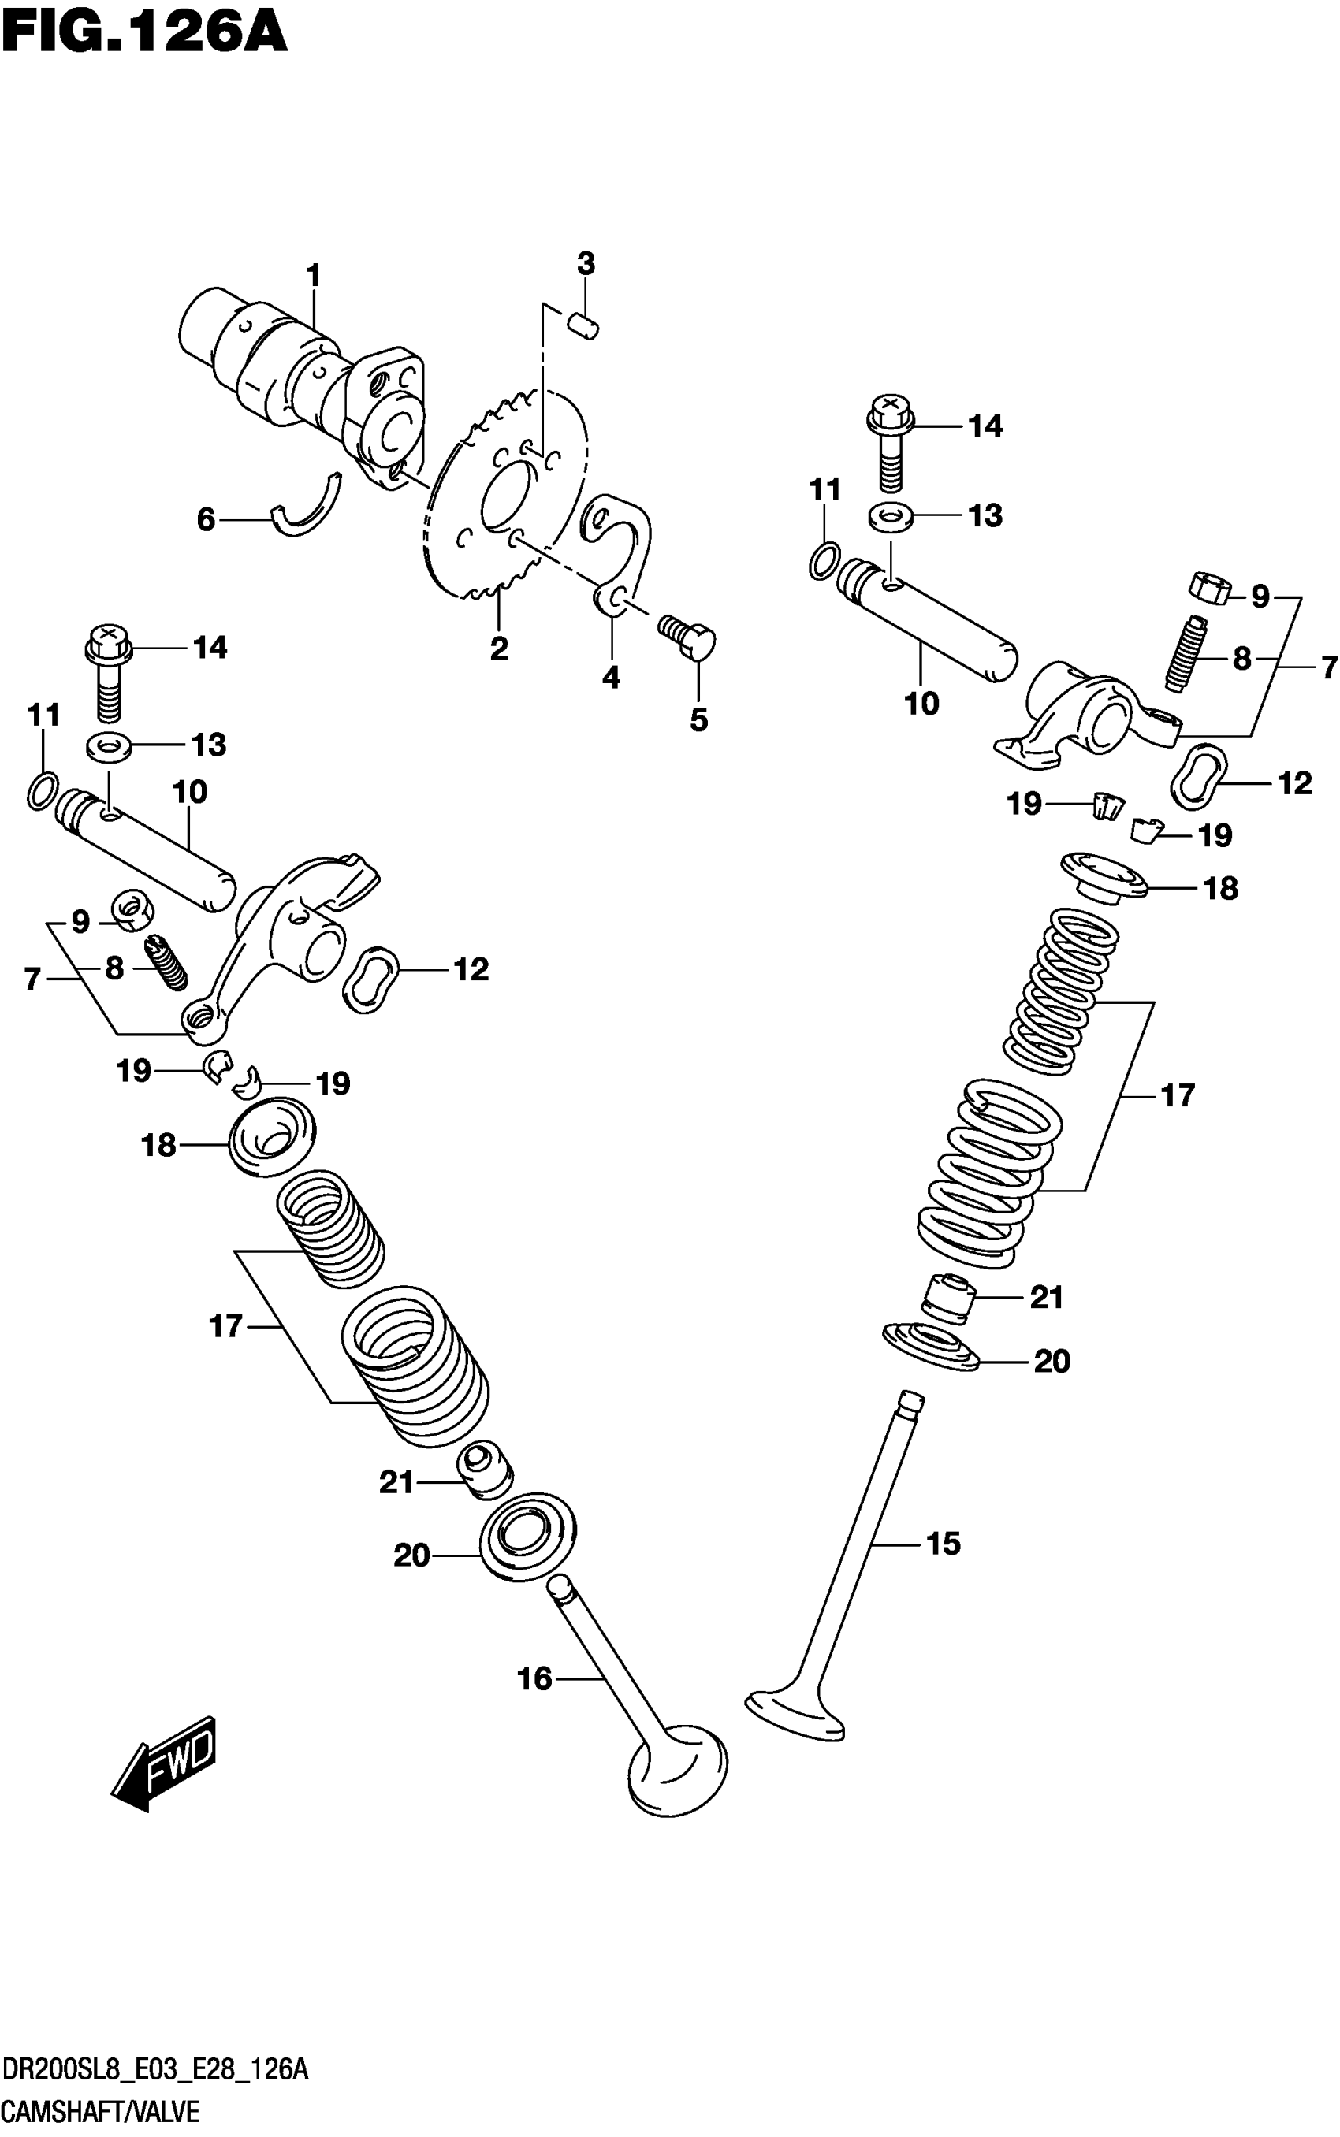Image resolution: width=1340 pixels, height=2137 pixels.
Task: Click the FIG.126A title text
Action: coord(144,33)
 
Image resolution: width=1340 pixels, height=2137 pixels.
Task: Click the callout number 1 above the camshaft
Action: coord(313,276)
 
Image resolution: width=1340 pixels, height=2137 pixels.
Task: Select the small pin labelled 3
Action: coord(585,325)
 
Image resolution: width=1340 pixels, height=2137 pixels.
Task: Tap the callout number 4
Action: coord(612,678)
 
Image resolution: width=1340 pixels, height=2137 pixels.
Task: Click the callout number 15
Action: coord(943,1544)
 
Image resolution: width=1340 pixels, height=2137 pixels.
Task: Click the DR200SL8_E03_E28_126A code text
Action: coord(155,2070)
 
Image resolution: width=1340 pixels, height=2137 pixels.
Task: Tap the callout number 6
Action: coord(206,519)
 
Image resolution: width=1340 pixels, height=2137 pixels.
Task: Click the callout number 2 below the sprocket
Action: coord(499,649)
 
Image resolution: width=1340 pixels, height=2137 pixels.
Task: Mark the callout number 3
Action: coord(586,263)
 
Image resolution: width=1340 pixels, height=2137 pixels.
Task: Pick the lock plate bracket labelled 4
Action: coord(625,549)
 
